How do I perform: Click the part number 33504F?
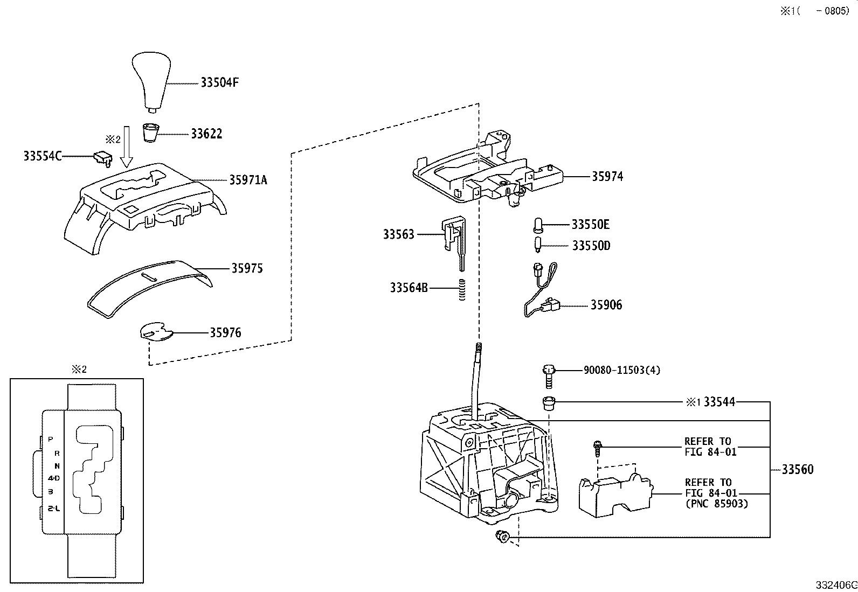coord(219,82)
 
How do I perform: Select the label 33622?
coord(206,134)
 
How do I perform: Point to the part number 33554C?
coord(42,156)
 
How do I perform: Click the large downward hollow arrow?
coord(127,147)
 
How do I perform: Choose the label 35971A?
coord(248,180)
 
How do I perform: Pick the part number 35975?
coord(247,268)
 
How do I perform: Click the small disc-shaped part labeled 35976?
coord(156,332)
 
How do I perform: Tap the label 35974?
coord(607,177)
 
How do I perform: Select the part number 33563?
coord(399,234)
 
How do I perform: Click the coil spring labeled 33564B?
coord(462,289)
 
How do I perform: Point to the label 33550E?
coord(590,225)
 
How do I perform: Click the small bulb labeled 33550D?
coord(538,245)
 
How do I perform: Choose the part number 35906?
coord(606,305)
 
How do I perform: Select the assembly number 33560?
coord(798,470)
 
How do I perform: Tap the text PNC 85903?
coord(717,504)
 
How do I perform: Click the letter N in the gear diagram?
coord(57,466)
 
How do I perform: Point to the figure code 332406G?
coord(836,585)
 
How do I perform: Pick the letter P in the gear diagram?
coord(50,439)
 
